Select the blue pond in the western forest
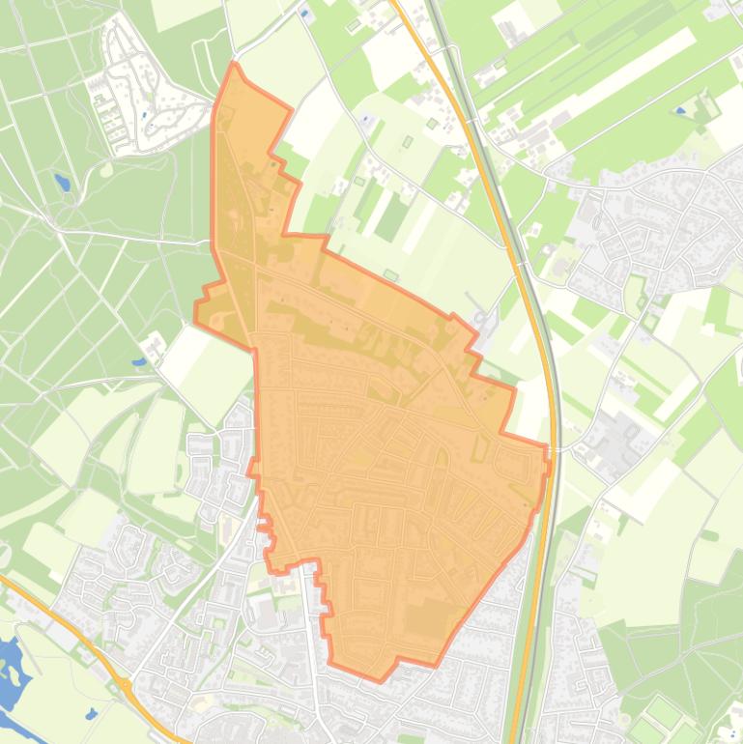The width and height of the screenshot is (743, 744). [63, 182]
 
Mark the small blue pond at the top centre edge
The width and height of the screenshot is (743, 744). [305, 15]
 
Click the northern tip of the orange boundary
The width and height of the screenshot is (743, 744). [233, 64]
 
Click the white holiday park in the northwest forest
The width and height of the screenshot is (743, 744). [135, 92]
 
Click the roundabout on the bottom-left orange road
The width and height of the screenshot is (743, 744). [126, 685]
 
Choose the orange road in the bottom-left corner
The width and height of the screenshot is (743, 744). [58, 618]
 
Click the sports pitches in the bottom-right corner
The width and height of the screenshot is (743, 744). [667, 720]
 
